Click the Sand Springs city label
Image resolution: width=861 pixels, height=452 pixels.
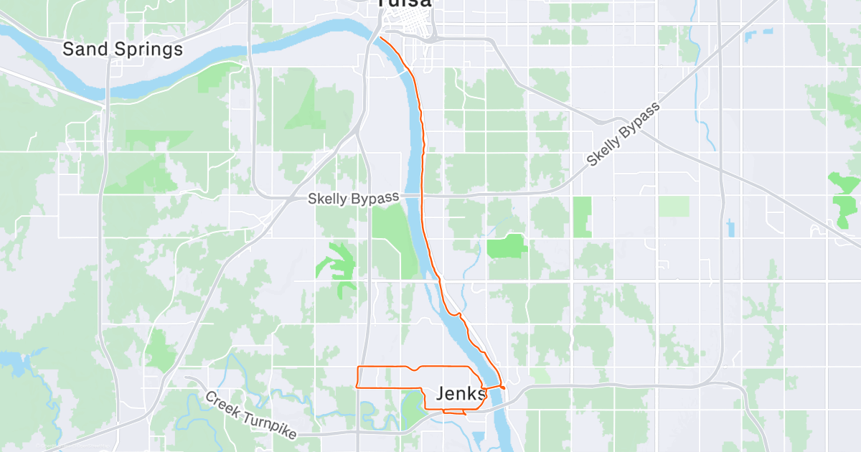(x=122, y=50)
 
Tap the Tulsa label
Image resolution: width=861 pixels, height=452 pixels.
(x=405, y=4)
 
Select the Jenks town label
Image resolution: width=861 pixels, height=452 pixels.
(x=461, y=393)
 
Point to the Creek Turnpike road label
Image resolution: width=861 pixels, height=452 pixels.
(x=250, y=417)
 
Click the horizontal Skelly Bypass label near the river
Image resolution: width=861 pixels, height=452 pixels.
(x=352, y=199)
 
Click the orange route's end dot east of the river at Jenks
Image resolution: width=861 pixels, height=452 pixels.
(x=504, y=388)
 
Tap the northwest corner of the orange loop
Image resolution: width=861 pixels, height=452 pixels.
(x=358, y=367)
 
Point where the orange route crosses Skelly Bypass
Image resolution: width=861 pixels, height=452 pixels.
(x=422, y=194)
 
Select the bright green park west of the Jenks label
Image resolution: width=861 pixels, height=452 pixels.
(x=413, y=406)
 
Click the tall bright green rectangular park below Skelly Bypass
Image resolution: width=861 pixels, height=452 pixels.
(x=582, y=217)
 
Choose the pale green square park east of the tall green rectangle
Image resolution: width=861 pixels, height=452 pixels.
(x=674, y=207)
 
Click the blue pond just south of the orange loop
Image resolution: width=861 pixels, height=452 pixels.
(x=478, y=418)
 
